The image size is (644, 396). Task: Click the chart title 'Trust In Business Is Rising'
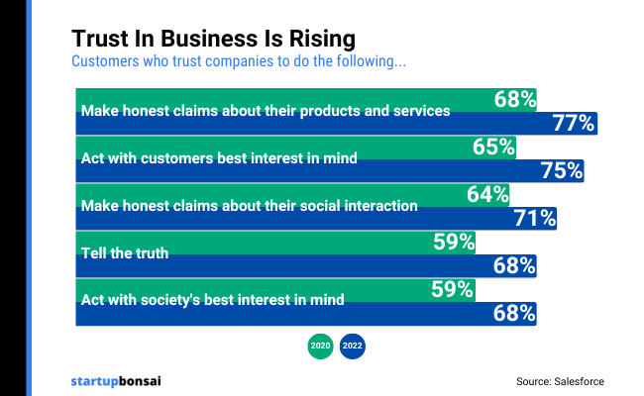point(213,39)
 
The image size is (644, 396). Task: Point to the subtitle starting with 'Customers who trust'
point(239,62)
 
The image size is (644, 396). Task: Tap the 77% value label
point(574,123)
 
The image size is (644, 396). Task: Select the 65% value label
point(493,147)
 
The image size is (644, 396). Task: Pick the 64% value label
point(487,194)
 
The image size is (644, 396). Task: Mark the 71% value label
point(535,218)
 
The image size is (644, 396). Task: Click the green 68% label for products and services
point(515,99)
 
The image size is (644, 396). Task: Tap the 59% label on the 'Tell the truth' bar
point(454,242)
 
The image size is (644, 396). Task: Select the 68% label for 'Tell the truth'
point(514,265)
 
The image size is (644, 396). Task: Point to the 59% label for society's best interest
point(453,289)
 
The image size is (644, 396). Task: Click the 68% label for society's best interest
point(514,313)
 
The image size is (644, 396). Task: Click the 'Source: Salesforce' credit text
point(560,380)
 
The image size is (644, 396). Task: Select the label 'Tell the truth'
point(125,253)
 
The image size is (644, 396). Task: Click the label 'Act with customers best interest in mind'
point(218,158)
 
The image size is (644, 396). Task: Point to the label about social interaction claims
point(249,206)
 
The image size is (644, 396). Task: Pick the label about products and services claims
point(265,111)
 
